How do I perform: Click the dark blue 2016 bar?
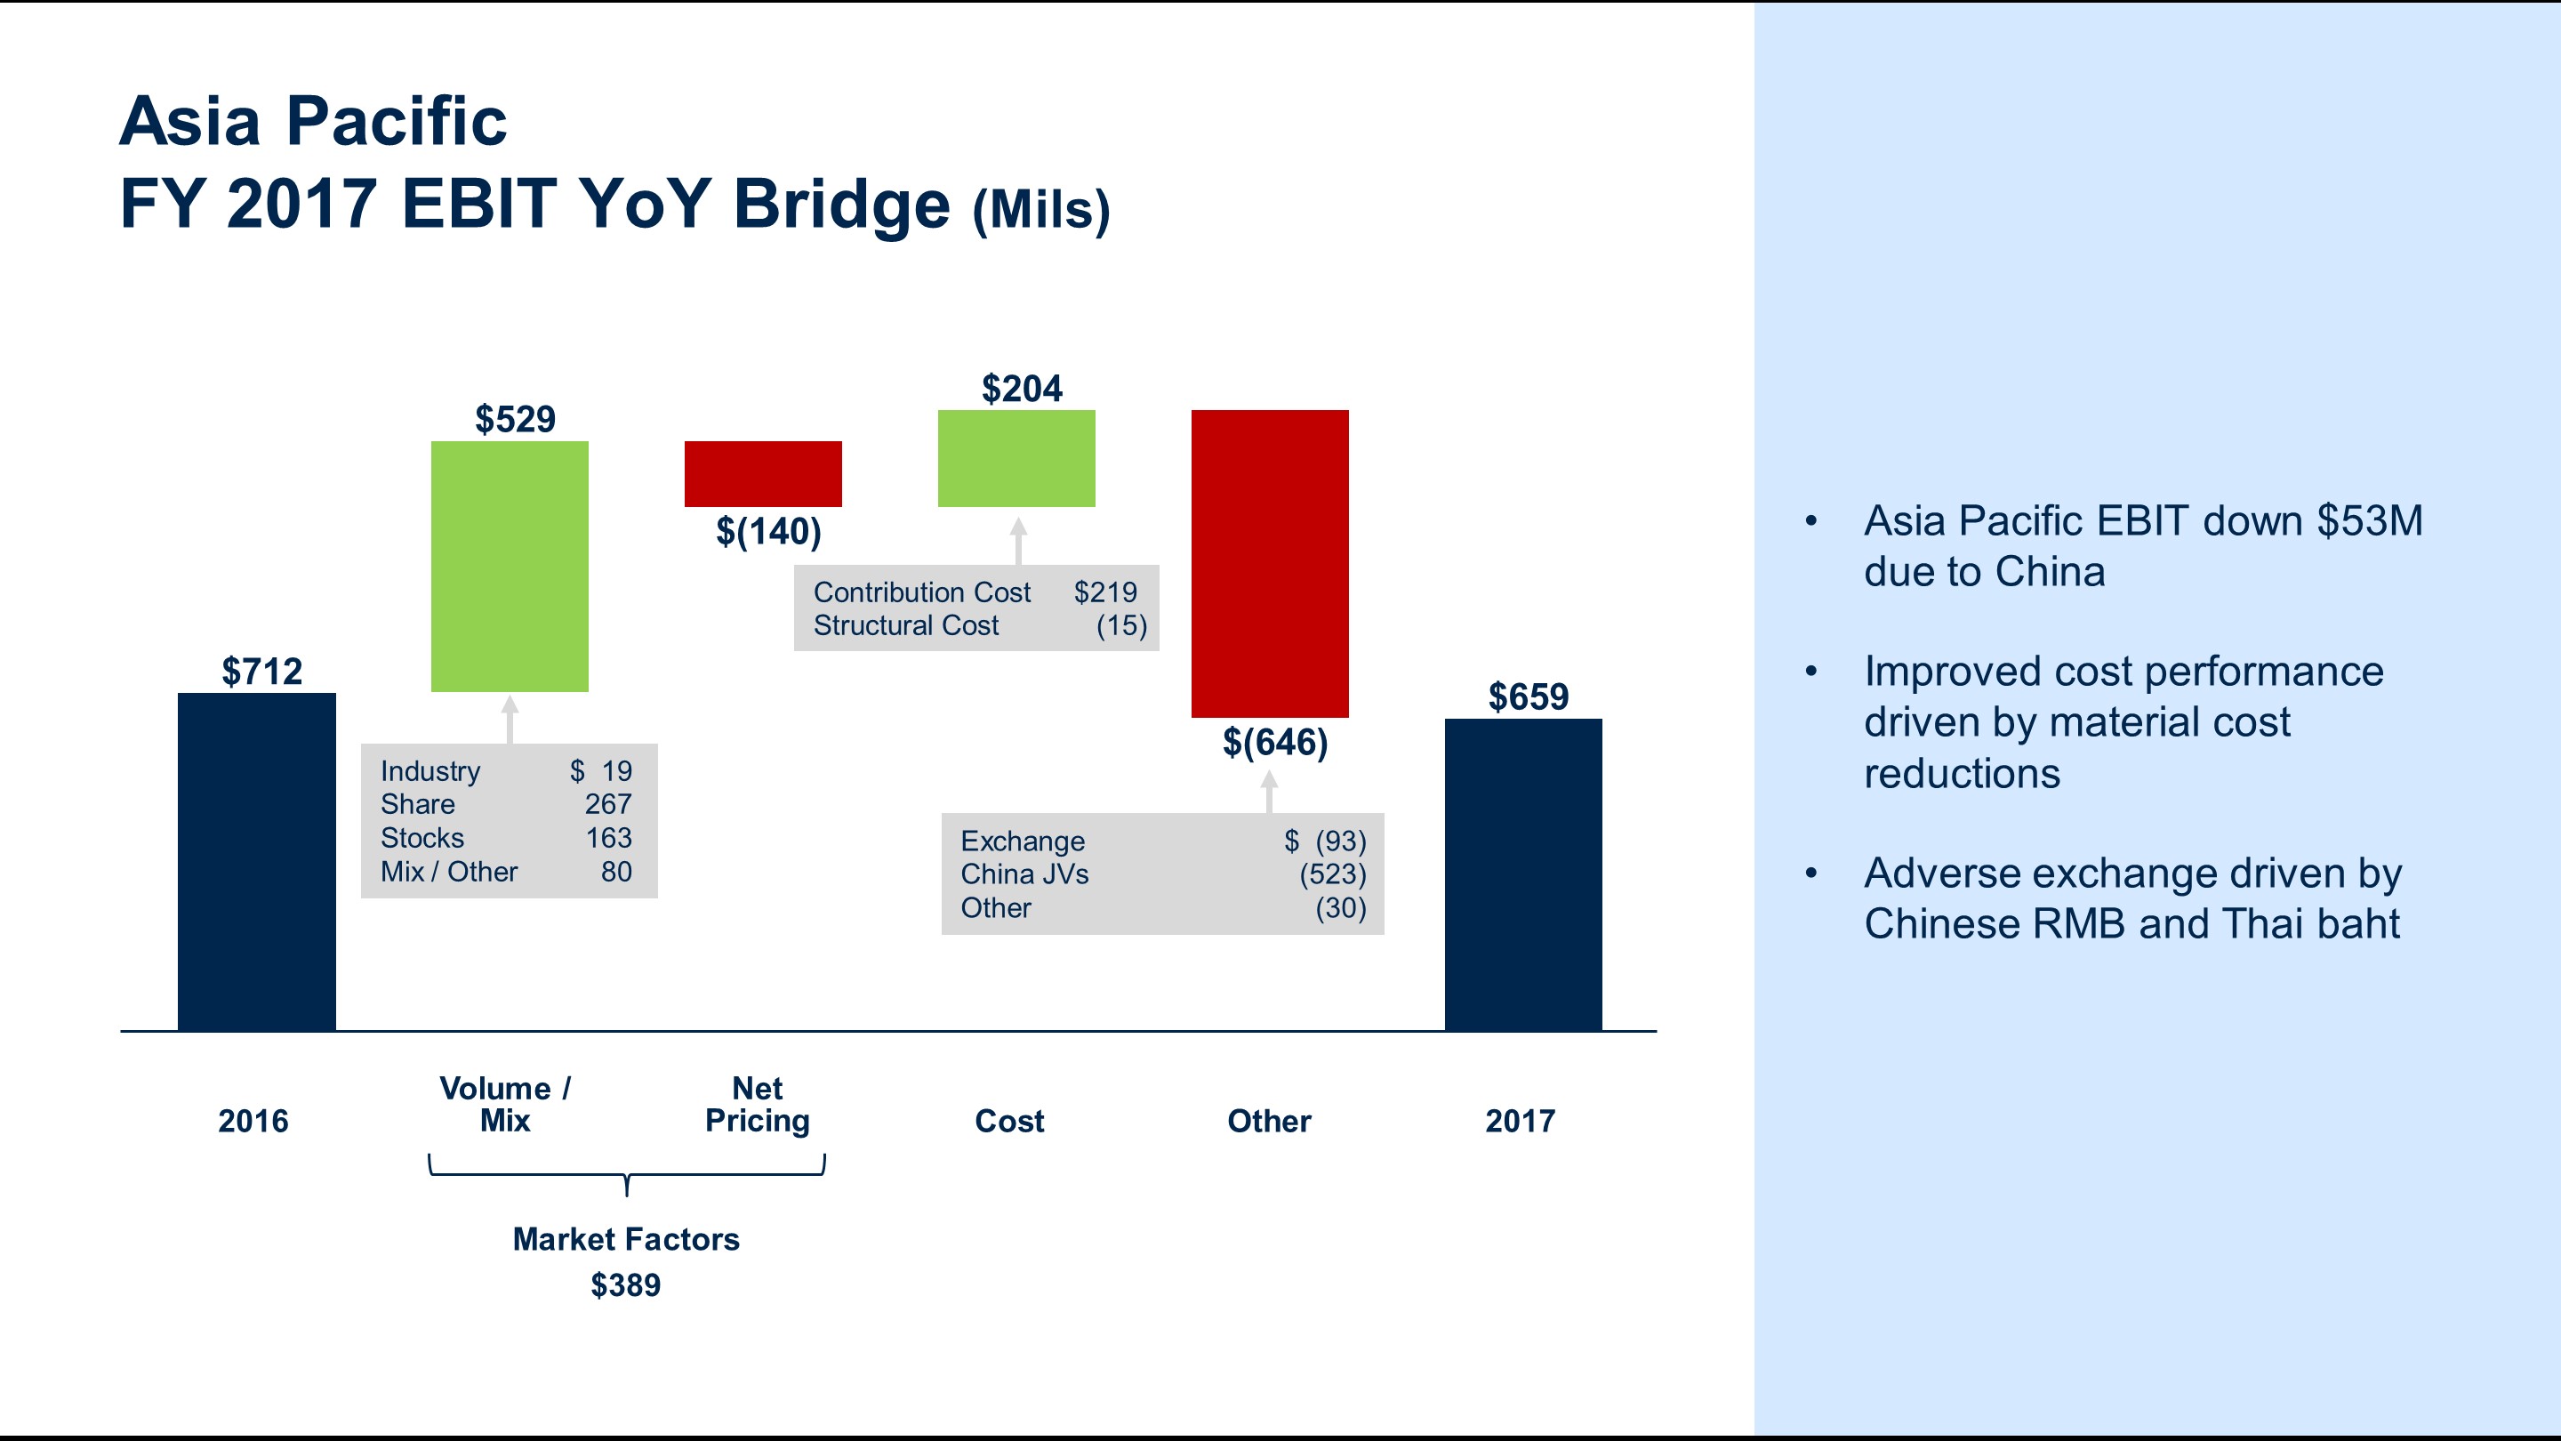click(256, 861)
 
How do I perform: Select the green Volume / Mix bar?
click(509, 566)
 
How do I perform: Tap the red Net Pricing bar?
click(763, 473)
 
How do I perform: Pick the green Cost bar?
click(1016, 458)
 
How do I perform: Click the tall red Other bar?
click(1270, 563)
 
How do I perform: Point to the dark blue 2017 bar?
click(1523, 874)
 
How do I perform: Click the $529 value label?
click(515, 419)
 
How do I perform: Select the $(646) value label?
click(1274, 742)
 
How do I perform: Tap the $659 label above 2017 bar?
click(1528, 696)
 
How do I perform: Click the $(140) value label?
click(768, 531)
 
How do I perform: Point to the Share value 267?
click(607, 803)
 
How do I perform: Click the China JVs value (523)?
click(1332, 874)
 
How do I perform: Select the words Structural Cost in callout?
click(906, 625)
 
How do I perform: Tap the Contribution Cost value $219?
click(1104, 592)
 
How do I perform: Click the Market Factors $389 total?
click(625, 1284)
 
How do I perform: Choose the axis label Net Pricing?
click(758, 1104)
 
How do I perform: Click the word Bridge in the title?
click(841, 204)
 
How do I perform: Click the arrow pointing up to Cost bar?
click(1018, 540)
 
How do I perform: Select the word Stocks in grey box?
click(422, 837)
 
